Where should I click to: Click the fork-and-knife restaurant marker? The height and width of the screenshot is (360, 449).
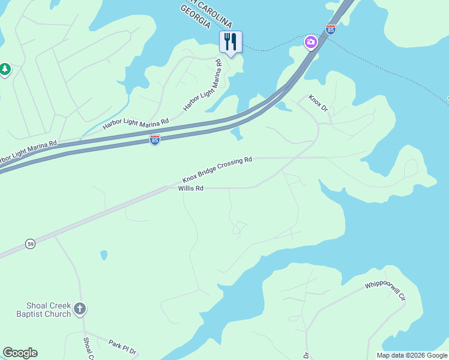[x=231, y=42]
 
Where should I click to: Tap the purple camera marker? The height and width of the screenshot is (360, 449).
[x=311, y=42]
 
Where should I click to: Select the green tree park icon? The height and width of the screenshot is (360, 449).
[x=5, y=70]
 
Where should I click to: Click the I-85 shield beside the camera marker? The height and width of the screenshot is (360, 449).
[x=331, y=28]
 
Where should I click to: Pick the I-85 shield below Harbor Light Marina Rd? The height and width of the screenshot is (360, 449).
[x=155, y=140]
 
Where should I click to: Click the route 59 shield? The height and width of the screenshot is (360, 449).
[x=30, y=244]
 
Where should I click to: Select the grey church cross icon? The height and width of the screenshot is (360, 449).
[x=80, y=310]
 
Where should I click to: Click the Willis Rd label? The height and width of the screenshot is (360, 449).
[x=191, y=188]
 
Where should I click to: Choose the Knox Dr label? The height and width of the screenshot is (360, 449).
[x=318, y=103]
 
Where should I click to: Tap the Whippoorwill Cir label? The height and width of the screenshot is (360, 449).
[x=385, y=290]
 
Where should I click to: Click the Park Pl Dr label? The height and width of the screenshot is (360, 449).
[x=122, y=347]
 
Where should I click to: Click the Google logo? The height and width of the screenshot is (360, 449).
[x=20, y=353]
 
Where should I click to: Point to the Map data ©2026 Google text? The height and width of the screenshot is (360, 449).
[x=412, y=355]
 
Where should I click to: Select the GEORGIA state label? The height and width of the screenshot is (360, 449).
[x=199, y=14]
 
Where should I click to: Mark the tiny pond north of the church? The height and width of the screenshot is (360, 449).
[x=104, y=255]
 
